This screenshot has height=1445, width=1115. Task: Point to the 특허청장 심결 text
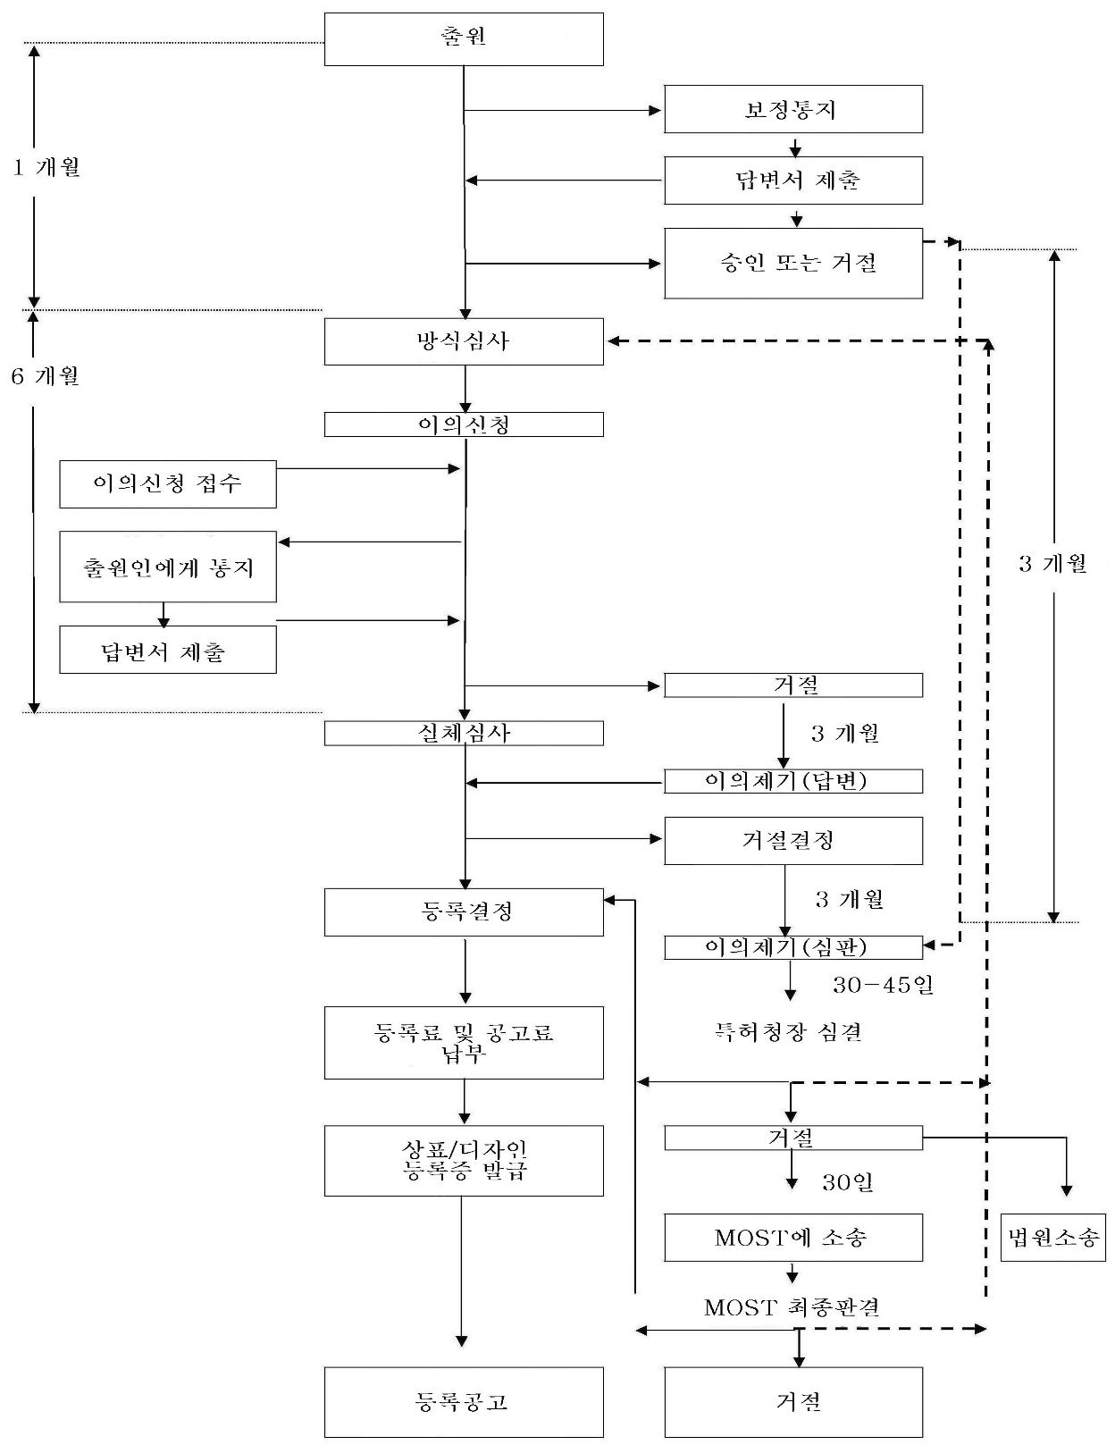point(788,1031)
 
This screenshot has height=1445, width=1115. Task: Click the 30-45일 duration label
point(883,985)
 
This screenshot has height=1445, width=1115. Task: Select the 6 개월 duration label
point(46,376)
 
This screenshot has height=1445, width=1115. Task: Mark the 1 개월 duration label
point(46,167)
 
